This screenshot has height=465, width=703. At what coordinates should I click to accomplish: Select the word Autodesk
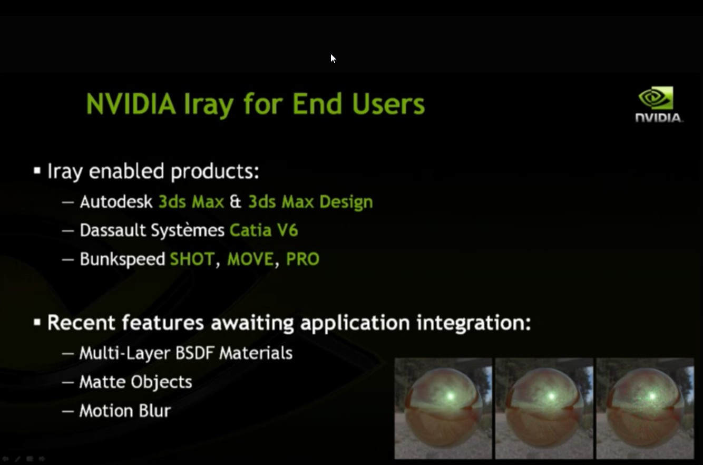coord(116,202)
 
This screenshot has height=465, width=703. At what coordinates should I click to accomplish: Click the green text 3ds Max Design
coord(310,202)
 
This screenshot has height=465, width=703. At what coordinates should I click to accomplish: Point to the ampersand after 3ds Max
coord(236,202)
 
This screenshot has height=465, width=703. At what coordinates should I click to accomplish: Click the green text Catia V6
coord(263,230)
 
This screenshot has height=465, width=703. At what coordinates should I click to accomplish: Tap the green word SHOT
coord(192,259)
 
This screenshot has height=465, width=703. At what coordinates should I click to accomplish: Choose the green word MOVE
coord(250,259)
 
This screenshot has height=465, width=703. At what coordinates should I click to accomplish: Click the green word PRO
coord(302,259)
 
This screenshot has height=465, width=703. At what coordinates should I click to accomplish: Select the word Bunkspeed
coord(122,259)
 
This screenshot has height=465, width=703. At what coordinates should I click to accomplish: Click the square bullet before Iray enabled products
coord(37,171)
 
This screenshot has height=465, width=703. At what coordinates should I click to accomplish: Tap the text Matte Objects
coord(135,382)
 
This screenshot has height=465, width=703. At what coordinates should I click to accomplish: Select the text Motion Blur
coord(125,411)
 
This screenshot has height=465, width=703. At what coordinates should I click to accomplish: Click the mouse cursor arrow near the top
coord(333,58)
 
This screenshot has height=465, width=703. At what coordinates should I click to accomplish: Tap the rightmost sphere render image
coord(645,408)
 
